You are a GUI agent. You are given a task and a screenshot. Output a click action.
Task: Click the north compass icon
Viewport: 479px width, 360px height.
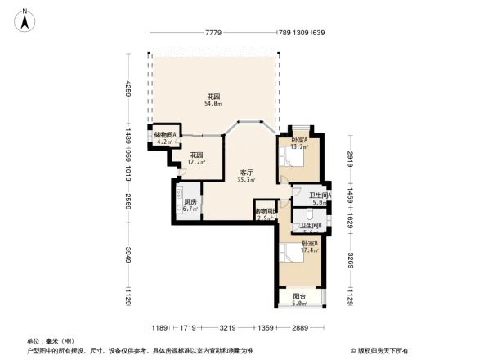25,19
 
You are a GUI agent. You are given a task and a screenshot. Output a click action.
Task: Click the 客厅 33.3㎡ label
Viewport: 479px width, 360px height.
245,176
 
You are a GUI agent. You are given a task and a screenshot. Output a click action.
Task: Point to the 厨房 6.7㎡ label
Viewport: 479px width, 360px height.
190,205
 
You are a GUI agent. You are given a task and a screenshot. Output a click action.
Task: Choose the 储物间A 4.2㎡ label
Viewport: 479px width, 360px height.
165,138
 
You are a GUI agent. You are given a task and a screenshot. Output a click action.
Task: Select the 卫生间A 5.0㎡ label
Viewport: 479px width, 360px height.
320,199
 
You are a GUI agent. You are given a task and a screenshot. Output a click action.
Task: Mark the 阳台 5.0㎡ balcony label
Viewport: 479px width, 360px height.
300,300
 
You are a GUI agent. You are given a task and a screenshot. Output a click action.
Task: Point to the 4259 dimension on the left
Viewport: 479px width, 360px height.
128,89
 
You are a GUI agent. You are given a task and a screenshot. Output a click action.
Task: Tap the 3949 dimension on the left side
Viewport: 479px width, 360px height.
128,260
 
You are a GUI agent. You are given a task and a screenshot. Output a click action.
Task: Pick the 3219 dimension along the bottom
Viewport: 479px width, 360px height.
228,328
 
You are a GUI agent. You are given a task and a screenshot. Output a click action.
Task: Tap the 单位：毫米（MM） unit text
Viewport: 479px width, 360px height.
51,340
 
